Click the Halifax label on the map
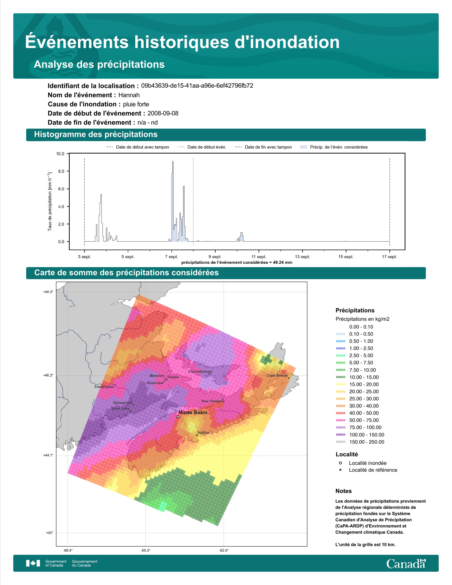pos(203,433)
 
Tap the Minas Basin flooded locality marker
pos(178,417)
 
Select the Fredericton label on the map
pos(104,387)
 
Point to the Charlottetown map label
pos(200,372)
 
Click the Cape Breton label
pos(277,375)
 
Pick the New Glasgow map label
pos(213,401)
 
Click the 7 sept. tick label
pos(171,257)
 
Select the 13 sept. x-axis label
pos(302,257)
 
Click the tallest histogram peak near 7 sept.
pos(173,162)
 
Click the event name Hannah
pos(129,95)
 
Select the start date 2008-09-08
pos(163,113)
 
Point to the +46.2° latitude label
pos(48,375)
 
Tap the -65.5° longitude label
pos(146,550)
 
